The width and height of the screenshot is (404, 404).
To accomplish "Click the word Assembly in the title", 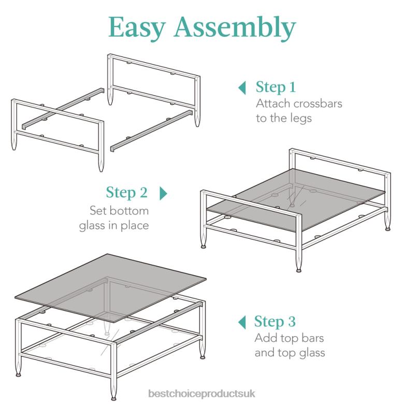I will pyautogui.click(x=235, y=28).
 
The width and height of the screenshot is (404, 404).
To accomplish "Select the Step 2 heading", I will pyautogui.click(x=127, y=193).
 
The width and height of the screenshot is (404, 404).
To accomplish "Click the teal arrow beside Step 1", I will pyautogui.click(x=241, y=88).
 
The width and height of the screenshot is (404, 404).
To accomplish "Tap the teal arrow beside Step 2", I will pyautogui.click(x=164, y=194).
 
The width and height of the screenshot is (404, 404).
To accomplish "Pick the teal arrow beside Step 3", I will pyautogui.click(x=241, y=322).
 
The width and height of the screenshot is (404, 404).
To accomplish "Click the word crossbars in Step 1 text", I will pyautogui.click(x=315, y=103).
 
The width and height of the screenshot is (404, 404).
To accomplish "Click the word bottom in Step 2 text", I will pyautogui.click(x=131, y=211).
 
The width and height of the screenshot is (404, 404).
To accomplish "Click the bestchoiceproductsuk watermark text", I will pyautogui.click(x=201, y=395).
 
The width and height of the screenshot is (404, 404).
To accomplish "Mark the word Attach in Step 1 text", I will pyautogui.click(x=273, y=103).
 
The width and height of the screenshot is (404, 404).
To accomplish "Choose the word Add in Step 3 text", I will pyautogui.click(x=265, y=338).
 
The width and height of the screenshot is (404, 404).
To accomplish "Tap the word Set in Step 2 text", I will pyautogui.click(x=98, y=211).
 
